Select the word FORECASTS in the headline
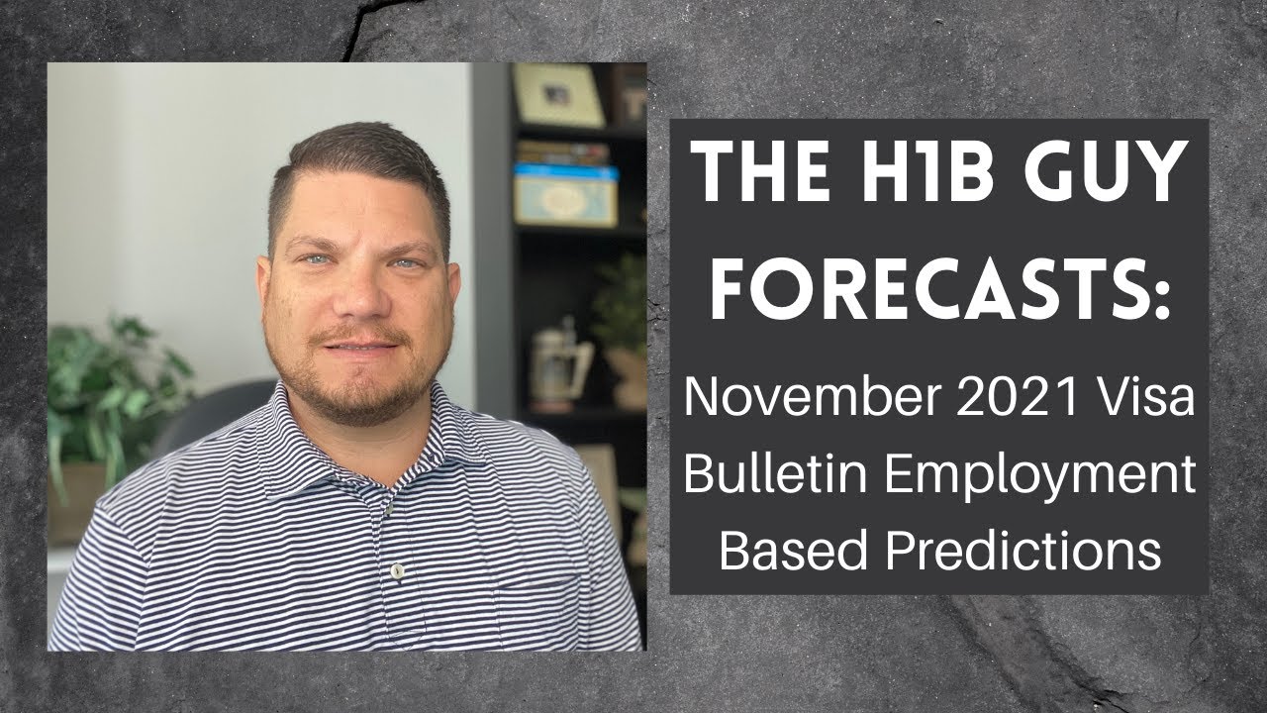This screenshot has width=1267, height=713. pyautogui.click(x=926, y=288)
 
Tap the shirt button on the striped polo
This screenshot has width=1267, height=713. pyautogui.click(x=397, y=570)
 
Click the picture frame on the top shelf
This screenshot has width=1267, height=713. pyautogui.click(x=558, y=95)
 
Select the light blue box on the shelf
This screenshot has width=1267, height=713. pyautogui.click(x=565, y=194)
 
